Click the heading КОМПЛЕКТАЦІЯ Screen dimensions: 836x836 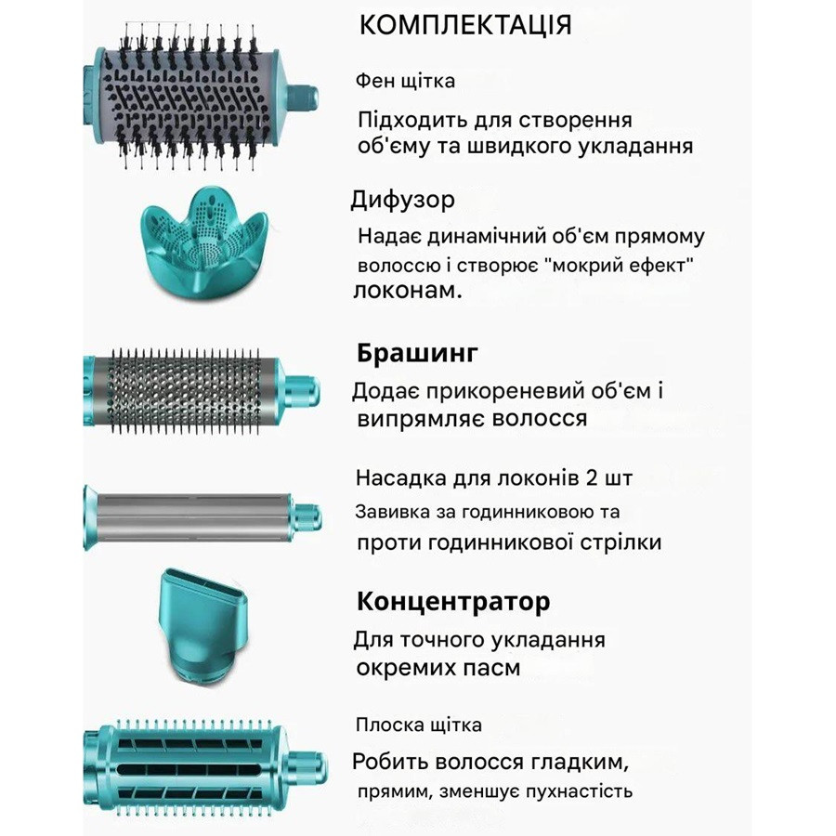465,25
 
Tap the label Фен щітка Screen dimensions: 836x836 406,81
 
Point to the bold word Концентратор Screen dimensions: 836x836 453,601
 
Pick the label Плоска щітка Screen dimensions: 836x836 419,725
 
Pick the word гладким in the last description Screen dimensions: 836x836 571,763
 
